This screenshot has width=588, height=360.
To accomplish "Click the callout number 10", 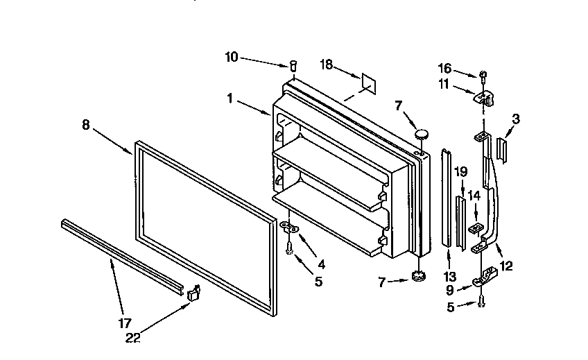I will coord(231,58).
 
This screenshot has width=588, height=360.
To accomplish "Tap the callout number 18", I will coord(326,65).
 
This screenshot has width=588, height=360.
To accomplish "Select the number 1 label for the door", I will coord(230,98).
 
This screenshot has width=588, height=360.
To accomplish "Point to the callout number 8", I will coord(86,125).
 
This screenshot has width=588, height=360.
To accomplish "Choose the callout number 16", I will coord(445,68).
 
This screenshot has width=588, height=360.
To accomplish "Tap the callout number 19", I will coord(461,171).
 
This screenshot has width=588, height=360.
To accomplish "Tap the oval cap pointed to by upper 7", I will coord(420,134).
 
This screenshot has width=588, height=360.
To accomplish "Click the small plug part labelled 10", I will coord(293,66).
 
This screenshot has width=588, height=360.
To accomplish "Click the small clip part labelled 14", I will coord(475,228).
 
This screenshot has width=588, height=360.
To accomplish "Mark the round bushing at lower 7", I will coord(417,276).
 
